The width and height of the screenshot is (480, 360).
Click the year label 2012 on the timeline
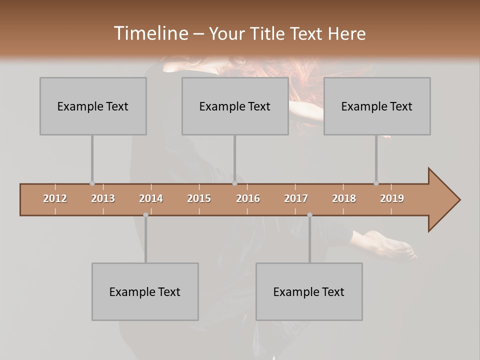point(55,198)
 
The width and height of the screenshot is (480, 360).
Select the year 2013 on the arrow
point(103,198)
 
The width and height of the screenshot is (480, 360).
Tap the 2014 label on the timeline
point(151,198)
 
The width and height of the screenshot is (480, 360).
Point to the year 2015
point(199,198)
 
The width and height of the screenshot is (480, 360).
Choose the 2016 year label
point(248,198)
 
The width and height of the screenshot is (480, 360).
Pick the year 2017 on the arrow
point(296,198)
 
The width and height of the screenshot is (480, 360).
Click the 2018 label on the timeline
point(344,198)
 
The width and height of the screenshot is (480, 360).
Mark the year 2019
point(392,198)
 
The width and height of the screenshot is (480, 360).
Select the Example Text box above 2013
point(93,106)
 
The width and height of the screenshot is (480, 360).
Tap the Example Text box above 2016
point(235,106)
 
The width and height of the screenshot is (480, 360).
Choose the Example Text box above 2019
point(377,106)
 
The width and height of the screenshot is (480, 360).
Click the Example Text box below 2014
point(145,291)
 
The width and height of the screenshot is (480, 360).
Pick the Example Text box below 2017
point(309,291)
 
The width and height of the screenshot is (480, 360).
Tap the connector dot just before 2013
point(92,183)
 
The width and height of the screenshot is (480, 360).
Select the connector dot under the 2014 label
point(145,215)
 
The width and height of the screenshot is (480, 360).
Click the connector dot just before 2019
point(376,183)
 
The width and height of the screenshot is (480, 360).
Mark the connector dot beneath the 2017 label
point(309,215)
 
